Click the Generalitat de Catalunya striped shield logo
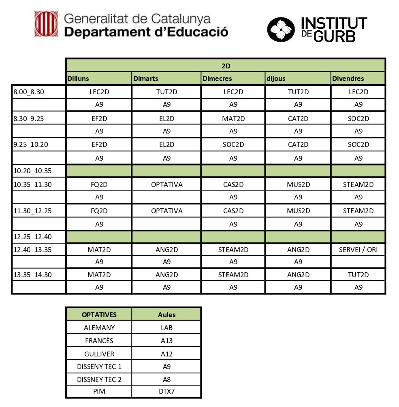pos(46,24)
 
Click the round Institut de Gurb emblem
pos(281,29)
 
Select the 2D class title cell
pos(226,65)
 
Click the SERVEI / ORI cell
pos(358,250)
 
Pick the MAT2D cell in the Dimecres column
pos(233,119)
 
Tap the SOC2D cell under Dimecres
pos(233,144)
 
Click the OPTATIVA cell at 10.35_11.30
pos(166,184)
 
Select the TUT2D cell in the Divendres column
pos(358,275)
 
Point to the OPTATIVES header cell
pos(99,314)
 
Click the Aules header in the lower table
pos(166,314)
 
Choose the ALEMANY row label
pos(99,328)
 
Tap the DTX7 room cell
pos(166,392)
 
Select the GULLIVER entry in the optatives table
pos(99,354)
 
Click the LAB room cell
pos(166,328)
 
